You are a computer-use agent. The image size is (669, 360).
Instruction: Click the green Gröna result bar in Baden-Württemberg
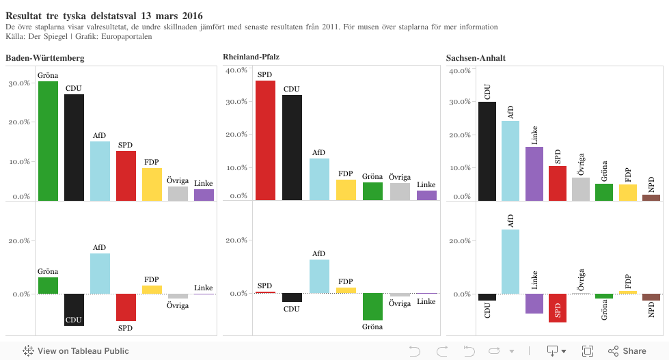[x=48, y=141]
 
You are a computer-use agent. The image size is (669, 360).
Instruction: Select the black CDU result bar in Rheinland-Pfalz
[x=292, y=148]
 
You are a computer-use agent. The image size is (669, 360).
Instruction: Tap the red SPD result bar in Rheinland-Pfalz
[x=265, y=141]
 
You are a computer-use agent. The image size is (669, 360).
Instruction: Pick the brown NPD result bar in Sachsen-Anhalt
[x=651, y=197]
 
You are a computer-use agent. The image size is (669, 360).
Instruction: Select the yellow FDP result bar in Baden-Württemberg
[x=152, y=184]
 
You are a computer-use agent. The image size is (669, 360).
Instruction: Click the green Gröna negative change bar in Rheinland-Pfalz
[x=372, y=307]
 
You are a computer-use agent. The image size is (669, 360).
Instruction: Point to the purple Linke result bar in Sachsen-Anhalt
[x=534, y=174]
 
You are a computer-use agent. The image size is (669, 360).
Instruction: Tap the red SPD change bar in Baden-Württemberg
[x=126, y=307]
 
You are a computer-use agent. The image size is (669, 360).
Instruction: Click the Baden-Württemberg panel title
[x=45, y=58]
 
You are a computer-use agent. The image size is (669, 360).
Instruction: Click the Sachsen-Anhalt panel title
[x=476, y=58]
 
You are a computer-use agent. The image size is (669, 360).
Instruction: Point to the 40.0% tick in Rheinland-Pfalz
[x=240, y=70]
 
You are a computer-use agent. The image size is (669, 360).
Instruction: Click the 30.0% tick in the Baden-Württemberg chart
[x=18, y=83]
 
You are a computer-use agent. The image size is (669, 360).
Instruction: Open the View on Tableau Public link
[x=76, y=351]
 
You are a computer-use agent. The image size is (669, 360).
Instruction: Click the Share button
[x=627, y=351]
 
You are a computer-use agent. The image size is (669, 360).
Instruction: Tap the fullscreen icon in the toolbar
[x=587, y=351]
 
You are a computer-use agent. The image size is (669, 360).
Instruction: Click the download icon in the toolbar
[x=553, y=351]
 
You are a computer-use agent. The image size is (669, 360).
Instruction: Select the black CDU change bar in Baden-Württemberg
[x=74, y=309]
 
